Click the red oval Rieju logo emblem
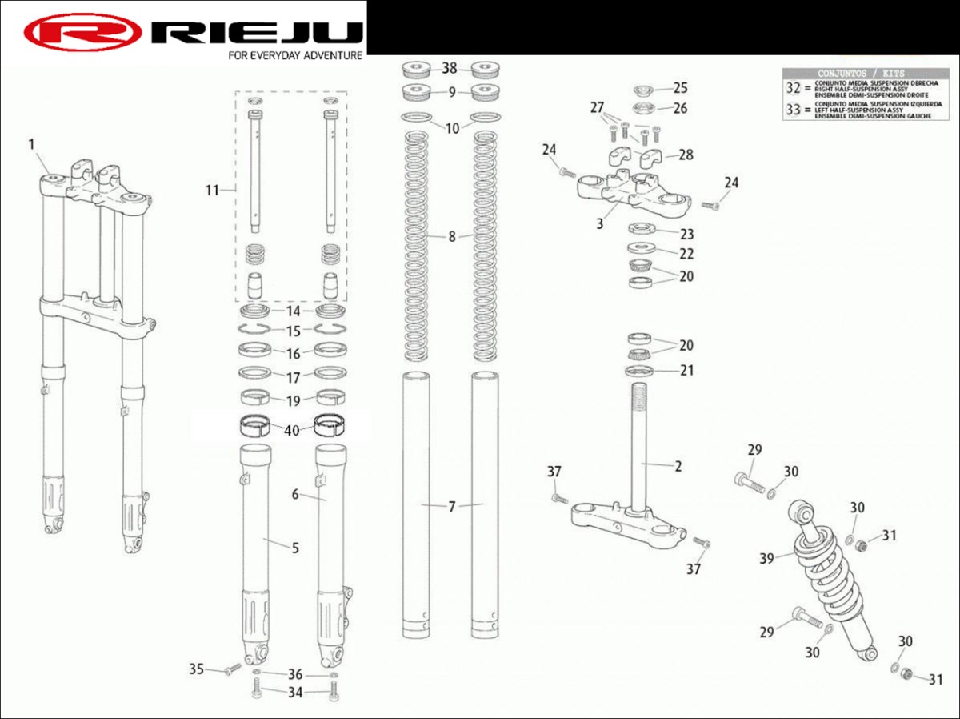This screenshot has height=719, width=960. [82, 32]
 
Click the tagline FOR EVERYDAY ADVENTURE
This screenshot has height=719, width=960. [295, 56]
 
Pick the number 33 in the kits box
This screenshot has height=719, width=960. [793, 110]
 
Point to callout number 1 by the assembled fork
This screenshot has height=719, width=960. [32, 144]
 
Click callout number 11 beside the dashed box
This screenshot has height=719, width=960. [212, 190]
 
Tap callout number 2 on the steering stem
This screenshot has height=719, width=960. [678, 466]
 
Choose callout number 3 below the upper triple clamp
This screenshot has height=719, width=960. [600, 223]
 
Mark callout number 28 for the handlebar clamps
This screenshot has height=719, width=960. [686, 154]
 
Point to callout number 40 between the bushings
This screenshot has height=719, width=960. [292, 430]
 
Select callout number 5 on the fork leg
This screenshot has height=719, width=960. [295, 548]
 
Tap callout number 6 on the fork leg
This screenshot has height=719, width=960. [295, 495]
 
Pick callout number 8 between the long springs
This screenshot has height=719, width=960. [452, 236]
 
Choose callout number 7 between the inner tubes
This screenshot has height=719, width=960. [452, 506]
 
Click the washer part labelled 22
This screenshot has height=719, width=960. [640, 247]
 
